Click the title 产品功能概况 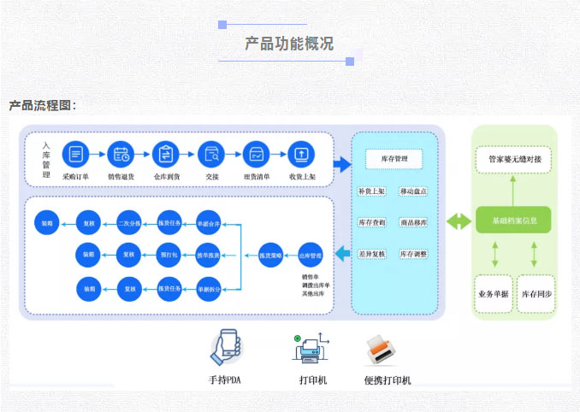point(289,44)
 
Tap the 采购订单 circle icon point(76,155)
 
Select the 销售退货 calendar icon point(121,155)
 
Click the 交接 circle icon point(211,155)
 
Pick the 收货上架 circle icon point(301,155)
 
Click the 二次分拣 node point(129,224)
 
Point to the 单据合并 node point(209,224)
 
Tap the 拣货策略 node point(271,255)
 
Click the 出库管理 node point(310,255)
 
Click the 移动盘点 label point(413,191)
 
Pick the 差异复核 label point(372,254)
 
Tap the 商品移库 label point(413,222)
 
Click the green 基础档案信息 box point(514,220)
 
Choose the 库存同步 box point(536,293)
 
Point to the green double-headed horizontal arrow point(459,221)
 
